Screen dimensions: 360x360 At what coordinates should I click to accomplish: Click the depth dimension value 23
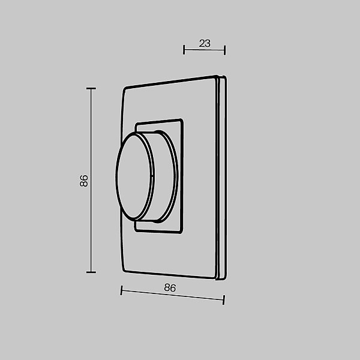tap(205, 43)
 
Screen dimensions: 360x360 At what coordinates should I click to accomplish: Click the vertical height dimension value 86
tap(84, 181)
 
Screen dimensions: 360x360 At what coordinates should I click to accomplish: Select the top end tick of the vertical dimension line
tap(91, 89)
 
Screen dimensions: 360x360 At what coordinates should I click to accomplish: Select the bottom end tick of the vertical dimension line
tap(91, 272)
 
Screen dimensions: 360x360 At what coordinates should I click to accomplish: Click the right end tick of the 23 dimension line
tap(224, 50)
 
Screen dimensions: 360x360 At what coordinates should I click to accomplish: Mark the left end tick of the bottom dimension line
tap(121, 290)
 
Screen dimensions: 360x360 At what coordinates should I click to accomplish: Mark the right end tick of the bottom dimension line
tap(224, 298)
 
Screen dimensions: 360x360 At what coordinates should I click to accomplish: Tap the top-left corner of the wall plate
tap(124, 89)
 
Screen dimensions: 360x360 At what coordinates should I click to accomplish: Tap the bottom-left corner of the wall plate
tap(124, 271)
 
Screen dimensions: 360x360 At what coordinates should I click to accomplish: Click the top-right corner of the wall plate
tap(217, 77)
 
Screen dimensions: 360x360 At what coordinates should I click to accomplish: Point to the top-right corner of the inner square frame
tap(181, 121)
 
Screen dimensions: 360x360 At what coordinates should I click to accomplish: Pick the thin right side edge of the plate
tap(223, 178)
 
